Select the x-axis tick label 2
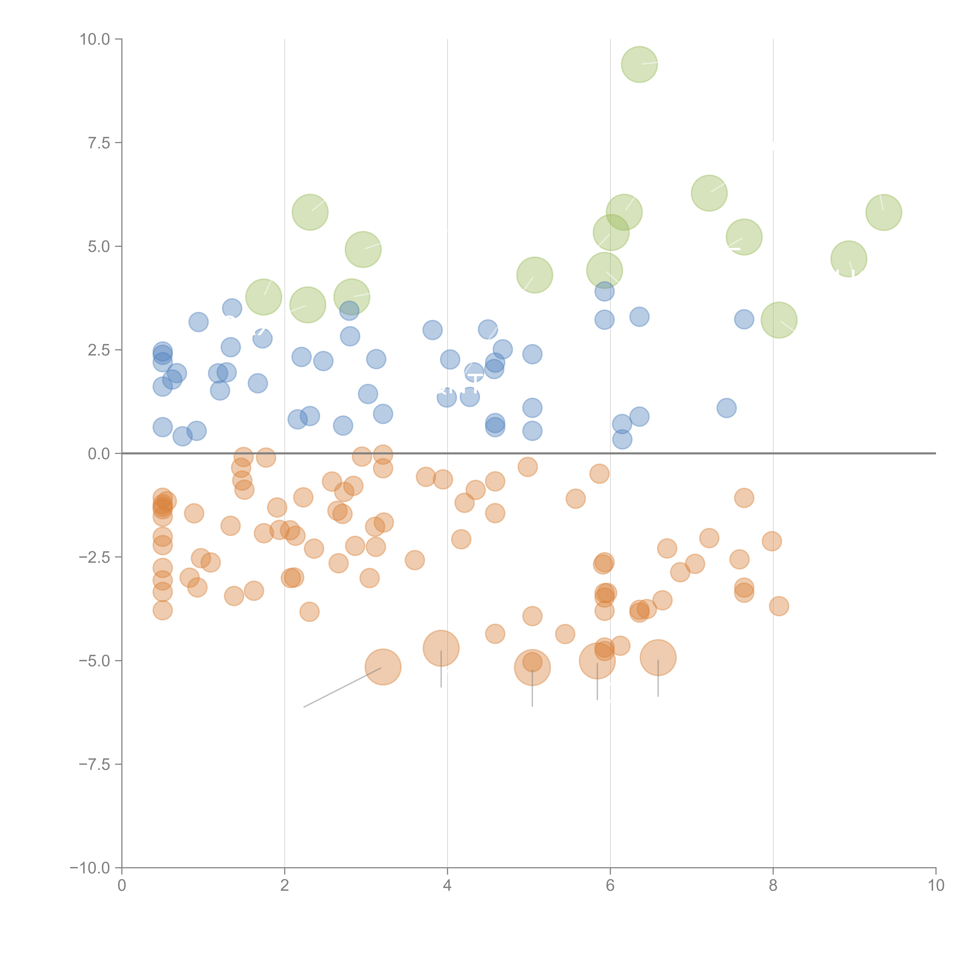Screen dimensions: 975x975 285,886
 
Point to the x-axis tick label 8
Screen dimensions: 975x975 773,886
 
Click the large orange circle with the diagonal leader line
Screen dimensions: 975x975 383,667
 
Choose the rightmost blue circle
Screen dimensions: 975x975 744,319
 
